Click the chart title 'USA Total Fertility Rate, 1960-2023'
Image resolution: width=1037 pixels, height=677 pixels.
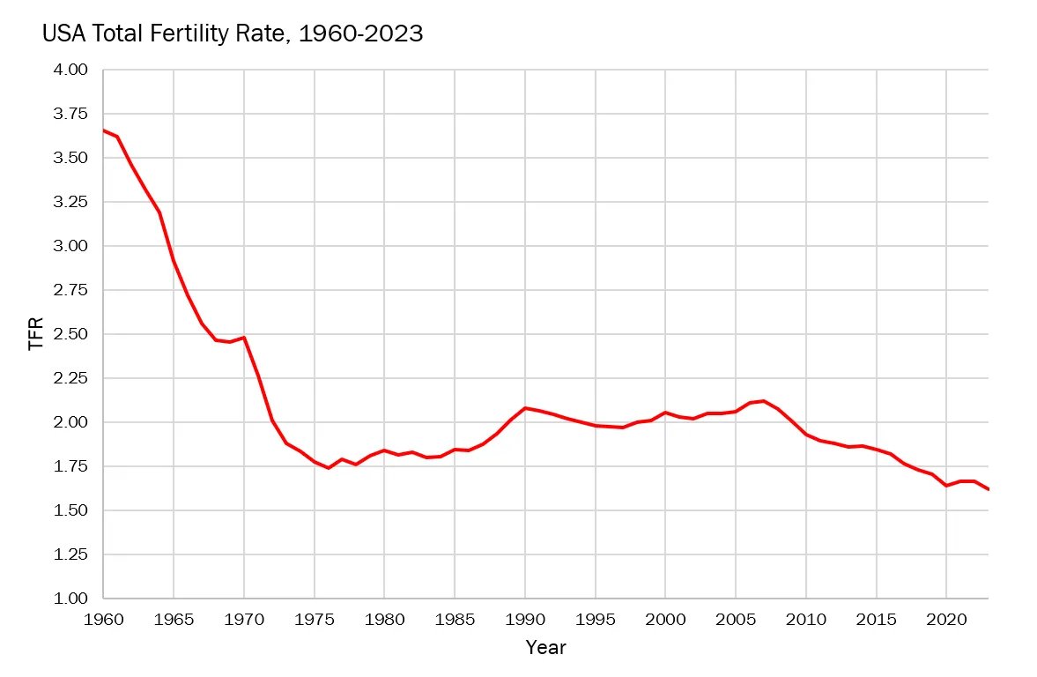(x=233, y=34)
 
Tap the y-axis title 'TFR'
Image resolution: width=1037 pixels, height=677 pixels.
(x=36, y=335)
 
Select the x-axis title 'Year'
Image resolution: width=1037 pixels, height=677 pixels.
(x=545, y=648)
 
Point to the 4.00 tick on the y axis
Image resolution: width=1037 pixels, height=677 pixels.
(x=70, y=70)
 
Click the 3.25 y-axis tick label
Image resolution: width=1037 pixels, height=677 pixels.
(x=70, y=202)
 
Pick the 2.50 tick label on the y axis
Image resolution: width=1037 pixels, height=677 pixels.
(x=70, y=334)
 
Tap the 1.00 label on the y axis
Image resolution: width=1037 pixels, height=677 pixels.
(x=70, y=599)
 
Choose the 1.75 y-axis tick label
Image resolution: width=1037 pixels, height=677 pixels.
(x=70, y=466)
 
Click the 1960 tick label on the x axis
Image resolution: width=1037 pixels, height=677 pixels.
(x=103, y=619)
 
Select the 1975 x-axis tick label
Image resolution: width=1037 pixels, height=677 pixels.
(x=315, y=619)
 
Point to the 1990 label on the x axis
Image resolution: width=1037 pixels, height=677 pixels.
(x=525, y=619)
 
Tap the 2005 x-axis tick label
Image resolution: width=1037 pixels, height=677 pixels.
(x=736, y=619)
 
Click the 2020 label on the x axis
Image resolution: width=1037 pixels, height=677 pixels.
(x=946, y=619)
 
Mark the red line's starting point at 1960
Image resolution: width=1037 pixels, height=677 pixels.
(x=104, y=130)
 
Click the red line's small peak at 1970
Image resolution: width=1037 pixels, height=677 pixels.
(x=244, y=338)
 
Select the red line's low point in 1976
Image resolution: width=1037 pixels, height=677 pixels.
(x=329, y=468)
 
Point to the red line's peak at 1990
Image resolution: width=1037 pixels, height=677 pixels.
(x=525, y=408)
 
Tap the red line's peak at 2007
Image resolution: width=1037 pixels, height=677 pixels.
(x=764, y=401)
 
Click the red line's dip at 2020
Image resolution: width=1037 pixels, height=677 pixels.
(x=946, y=486)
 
